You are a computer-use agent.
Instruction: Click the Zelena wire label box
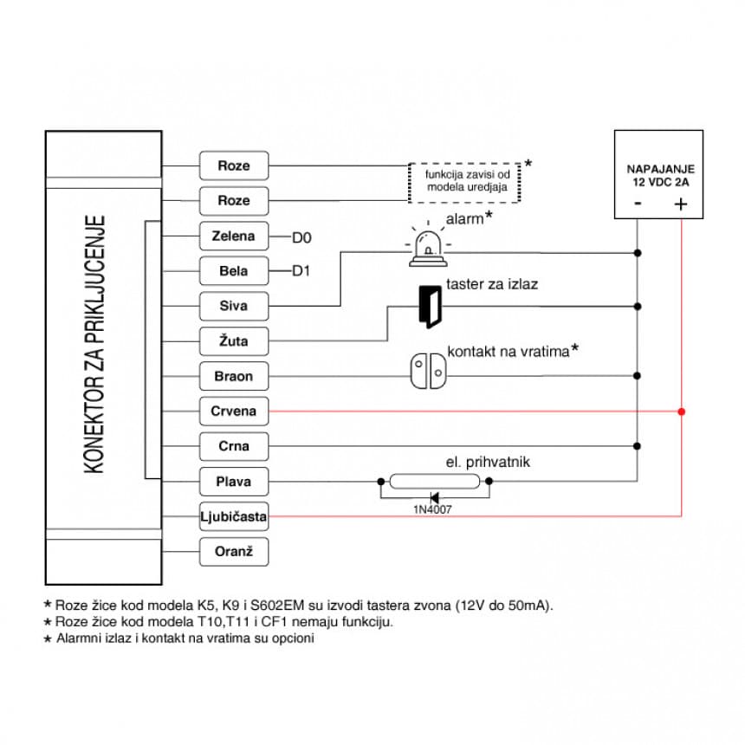(234, 236)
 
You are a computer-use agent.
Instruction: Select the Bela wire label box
(234, 271)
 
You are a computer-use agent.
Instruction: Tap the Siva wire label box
(234, 306)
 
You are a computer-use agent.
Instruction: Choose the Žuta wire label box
(234, 341)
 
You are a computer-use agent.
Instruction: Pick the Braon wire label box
(234, 377)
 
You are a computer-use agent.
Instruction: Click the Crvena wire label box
(234, 411)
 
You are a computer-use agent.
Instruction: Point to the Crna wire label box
(234, 446)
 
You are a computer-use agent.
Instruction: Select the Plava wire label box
(234, 482)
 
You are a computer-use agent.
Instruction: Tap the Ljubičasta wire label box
(234, 517)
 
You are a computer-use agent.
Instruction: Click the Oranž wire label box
(234, 552)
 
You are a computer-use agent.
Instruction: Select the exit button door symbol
(429, 307)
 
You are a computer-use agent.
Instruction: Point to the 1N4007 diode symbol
(433, 497)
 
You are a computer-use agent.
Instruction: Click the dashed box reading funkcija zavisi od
(464, 182)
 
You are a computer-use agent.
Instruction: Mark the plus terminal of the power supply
(681, 204)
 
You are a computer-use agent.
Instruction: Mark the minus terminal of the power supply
(638, 204)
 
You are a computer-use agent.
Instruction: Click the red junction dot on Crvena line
(682, 411)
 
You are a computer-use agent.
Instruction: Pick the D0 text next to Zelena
(301, 236)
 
